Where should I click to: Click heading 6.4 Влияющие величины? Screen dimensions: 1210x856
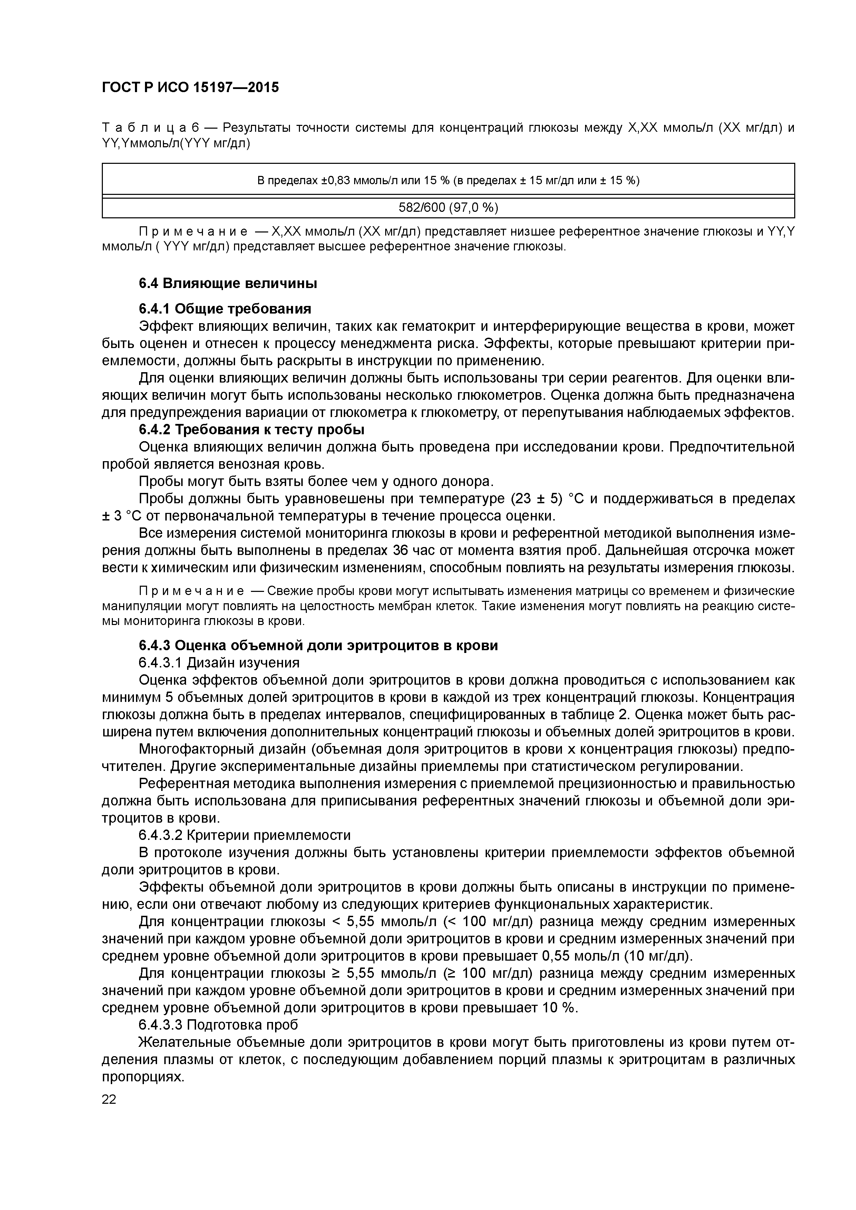tap(228, 284)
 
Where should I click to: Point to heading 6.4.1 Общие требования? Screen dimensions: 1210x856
tap(225, 308)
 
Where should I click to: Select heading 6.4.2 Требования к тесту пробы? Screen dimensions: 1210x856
tap(252, 429)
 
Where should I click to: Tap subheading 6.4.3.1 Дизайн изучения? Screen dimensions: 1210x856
tap(219, 663)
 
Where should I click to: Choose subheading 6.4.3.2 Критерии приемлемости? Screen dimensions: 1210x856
tap(244, 835)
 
